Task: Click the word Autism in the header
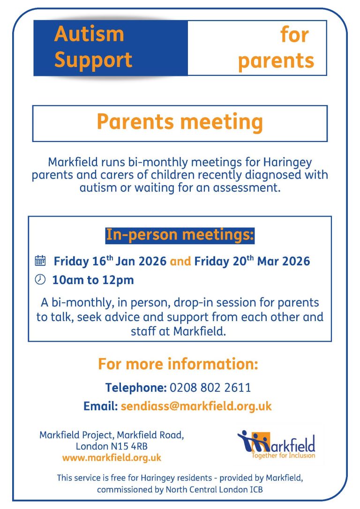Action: [89, 34]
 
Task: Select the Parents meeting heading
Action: [180, 122]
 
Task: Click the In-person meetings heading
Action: [180, 234]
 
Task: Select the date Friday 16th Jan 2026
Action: [110, 261]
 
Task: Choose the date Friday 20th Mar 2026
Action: [252, 261]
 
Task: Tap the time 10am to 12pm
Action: [93, 280]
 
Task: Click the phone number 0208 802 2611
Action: [210, 388]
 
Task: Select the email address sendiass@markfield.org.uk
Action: [196, 406]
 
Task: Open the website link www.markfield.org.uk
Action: [112, 457]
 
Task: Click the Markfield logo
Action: [276, 443]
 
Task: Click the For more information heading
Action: [178, 364]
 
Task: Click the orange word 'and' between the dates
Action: [180, 261]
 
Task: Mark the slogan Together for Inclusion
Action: [283, 455]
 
